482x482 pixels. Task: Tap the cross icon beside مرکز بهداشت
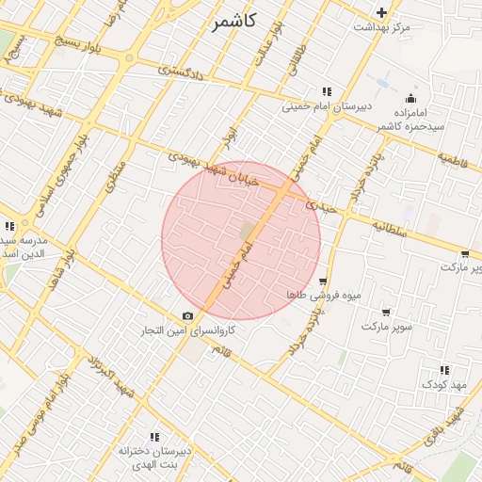381,12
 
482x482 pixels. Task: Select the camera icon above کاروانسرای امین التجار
187,315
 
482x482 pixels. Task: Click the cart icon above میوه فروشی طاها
324,281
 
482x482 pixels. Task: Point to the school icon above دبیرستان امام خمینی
326,91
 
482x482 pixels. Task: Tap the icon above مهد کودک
444,370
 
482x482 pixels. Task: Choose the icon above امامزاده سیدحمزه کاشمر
410,99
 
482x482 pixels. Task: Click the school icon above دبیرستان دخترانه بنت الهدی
154,437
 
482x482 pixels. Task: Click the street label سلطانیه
388,227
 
